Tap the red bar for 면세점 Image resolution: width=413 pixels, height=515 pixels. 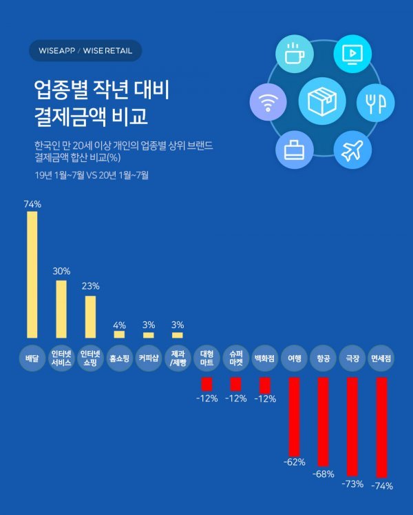pos(382,427)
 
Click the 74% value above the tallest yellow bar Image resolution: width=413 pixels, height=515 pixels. pos(32,204)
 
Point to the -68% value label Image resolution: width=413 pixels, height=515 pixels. pos(323,474)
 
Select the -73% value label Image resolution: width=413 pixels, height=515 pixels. pos(352,484)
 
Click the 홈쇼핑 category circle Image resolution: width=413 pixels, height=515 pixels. pos(119,358)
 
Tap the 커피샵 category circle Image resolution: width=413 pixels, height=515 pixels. pos(148,358)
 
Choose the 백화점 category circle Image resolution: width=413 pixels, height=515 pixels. pos(264,358)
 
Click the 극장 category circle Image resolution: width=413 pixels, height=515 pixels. pos(352,358)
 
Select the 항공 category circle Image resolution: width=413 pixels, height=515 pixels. pos(323,358)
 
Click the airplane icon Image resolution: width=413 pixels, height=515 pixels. pos(352,150)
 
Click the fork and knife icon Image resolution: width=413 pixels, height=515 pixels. pos(375,103)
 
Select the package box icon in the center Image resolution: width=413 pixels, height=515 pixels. pos(321,101)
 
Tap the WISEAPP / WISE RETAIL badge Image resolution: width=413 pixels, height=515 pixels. pos(85,50)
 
